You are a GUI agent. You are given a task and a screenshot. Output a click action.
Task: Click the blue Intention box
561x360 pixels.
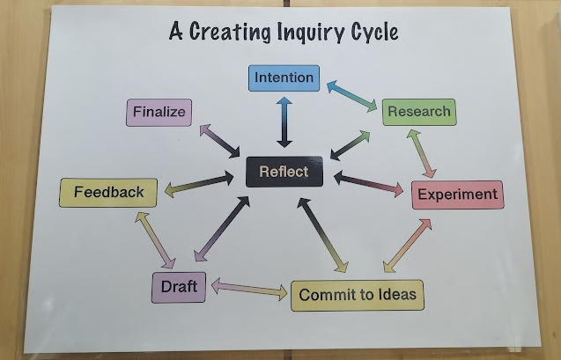284,77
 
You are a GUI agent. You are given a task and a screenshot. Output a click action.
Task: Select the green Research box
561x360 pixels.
418,112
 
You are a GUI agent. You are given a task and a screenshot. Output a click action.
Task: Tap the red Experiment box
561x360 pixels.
457,195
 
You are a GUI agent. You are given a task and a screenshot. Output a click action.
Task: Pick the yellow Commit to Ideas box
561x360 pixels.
357,295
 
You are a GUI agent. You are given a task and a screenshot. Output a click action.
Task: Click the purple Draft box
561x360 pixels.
179,287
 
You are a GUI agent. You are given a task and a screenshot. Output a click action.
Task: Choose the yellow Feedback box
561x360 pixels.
108,192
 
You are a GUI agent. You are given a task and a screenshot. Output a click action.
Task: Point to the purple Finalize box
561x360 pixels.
159,113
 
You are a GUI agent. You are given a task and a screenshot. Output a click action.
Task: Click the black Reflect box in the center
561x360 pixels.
284,172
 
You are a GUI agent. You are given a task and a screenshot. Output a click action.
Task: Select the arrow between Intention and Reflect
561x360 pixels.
284,122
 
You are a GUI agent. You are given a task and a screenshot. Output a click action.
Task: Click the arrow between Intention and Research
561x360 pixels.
351,96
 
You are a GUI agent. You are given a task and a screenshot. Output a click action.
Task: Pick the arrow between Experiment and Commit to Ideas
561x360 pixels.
408,246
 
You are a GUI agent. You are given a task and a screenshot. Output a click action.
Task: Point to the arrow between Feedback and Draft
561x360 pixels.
155,239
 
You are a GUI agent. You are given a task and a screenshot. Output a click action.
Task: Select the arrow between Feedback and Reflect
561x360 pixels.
200,183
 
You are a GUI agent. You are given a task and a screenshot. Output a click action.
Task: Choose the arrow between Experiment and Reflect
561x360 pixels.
367,184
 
